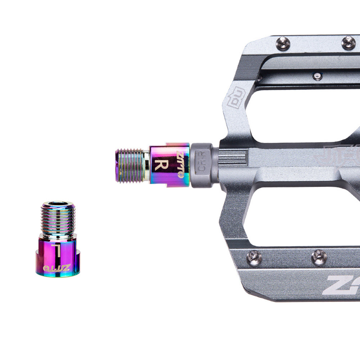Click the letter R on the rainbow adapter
click(161, 165)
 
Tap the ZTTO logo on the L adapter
click(57, 268)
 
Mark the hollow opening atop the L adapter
click(58, 204)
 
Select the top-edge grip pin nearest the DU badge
click(283, 44)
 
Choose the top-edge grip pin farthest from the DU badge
click(348, 42)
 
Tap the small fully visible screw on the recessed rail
click(317, 76)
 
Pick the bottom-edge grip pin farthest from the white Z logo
click(254, 258)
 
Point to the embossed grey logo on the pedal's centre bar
click(336, 154)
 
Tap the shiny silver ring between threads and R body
click(147, 165)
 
